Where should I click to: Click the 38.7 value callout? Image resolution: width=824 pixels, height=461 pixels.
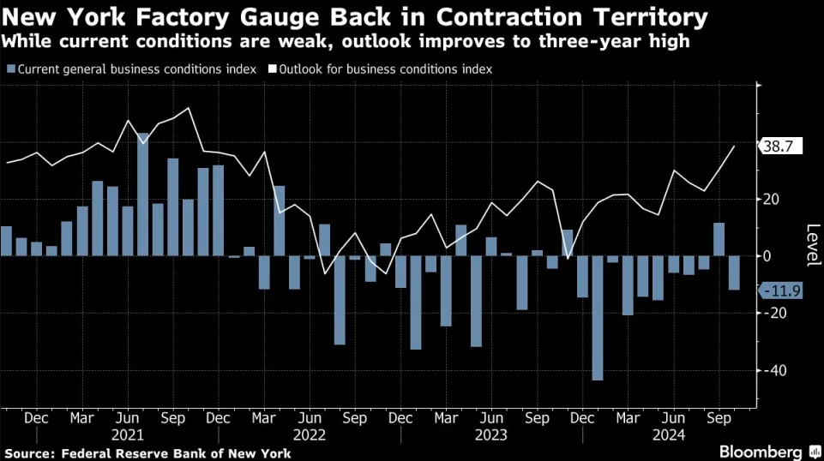click(x=780, y=147)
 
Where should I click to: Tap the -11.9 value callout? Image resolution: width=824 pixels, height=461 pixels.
click(x=780, y=291)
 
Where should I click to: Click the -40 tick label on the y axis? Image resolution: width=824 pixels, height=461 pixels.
click(x=775, y=370)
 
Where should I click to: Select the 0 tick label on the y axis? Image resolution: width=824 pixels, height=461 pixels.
click(x=768, y=256)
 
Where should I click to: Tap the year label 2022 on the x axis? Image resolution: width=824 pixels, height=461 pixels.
click(x=310, y=434)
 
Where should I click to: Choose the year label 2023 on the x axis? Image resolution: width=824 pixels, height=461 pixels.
click(x=491, y=434)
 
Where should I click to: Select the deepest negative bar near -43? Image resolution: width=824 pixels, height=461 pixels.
click(x=598, y=318)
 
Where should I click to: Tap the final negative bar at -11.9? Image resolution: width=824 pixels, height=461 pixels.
click(x=734, y=272)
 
